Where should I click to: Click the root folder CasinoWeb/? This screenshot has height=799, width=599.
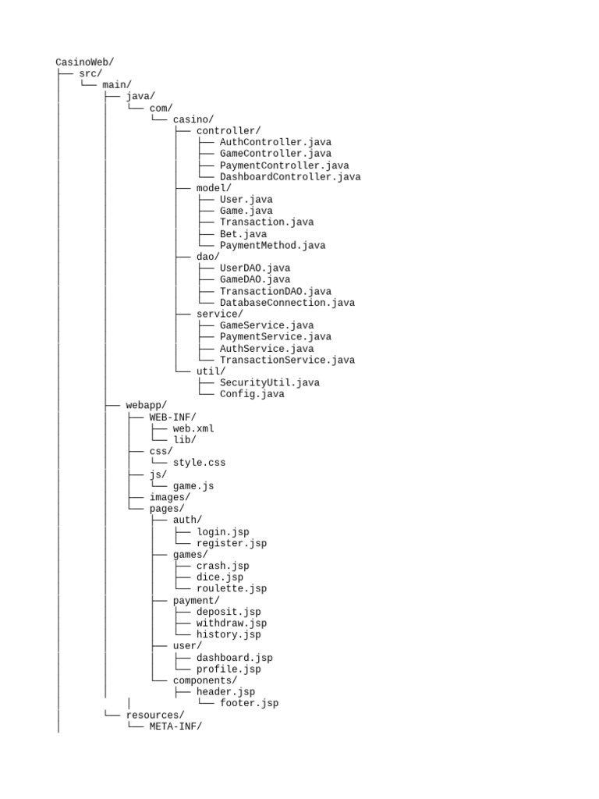point(84,62)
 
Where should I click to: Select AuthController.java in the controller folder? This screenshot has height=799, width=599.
point(275,142)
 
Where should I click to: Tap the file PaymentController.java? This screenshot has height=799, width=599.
point(284,165)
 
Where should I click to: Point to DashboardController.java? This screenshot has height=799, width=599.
point(290,177)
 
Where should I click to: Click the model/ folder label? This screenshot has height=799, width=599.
point(214,188)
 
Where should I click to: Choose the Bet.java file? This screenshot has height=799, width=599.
point(243,234)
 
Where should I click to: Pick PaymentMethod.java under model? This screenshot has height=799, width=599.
point(272,245)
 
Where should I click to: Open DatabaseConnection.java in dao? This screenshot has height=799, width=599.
point(287,303)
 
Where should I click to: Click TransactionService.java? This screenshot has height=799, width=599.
point(287,360)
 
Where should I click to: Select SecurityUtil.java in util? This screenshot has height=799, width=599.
point(270,382)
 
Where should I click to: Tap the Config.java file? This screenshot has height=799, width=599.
point(252,394)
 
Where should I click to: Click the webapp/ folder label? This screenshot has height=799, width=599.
point(146,405)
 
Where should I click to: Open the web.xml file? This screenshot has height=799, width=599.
point(193,428)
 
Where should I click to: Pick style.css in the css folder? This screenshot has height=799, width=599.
point(199,463)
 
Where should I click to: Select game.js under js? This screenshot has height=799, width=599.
point(193,485)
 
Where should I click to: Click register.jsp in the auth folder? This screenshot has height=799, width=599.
point(232,543)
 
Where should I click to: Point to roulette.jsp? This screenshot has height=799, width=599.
point(232,588)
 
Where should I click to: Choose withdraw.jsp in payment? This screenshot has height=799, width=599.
point(232,623)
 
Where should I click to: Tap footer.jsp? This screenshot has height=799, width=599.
point(249,703)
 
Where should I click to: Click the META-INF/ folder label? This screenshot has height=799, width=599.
point(175,726)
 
